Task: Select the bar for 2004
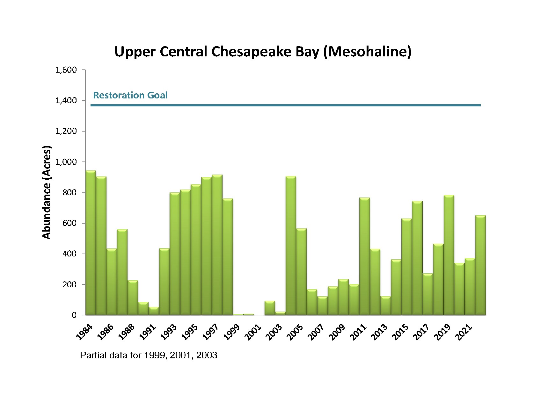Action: point(291,245)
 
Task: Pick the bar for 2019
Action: point(449,255)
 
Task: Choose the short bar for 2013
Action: point(386,305)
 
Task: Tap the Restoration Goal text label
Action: point(130,95)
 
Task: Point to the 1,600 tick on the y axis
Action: point(66,70)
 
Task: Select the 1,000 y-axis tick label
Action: point(66,162)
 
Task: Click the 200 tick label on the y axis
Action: point(70,284)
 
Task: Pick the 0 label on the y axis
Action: point(74,315)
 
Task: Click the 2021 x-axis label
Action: point(464,332)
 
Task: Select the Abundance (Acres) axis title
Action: point(47,192)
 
